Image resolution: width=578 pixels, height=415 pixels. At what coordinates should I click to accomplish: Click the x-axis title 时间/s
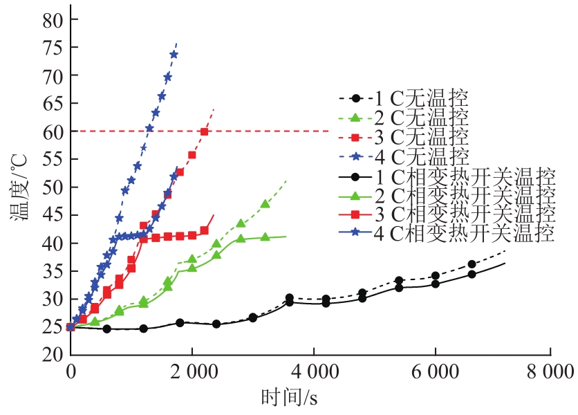[290, 398]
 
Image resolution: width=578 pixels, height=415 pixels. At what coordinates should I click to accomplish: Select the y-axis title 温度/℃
[19, 187]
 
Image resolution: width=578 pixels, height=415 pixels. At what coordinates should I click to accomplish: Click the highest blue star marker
[174, 55]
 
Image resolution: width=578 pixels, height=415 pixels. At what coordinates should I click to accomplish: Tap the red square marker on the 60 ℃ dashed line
[204, 131]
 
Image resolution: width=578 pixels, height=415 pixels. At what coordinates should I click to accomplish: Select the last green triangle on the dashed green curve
[265, 204]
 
